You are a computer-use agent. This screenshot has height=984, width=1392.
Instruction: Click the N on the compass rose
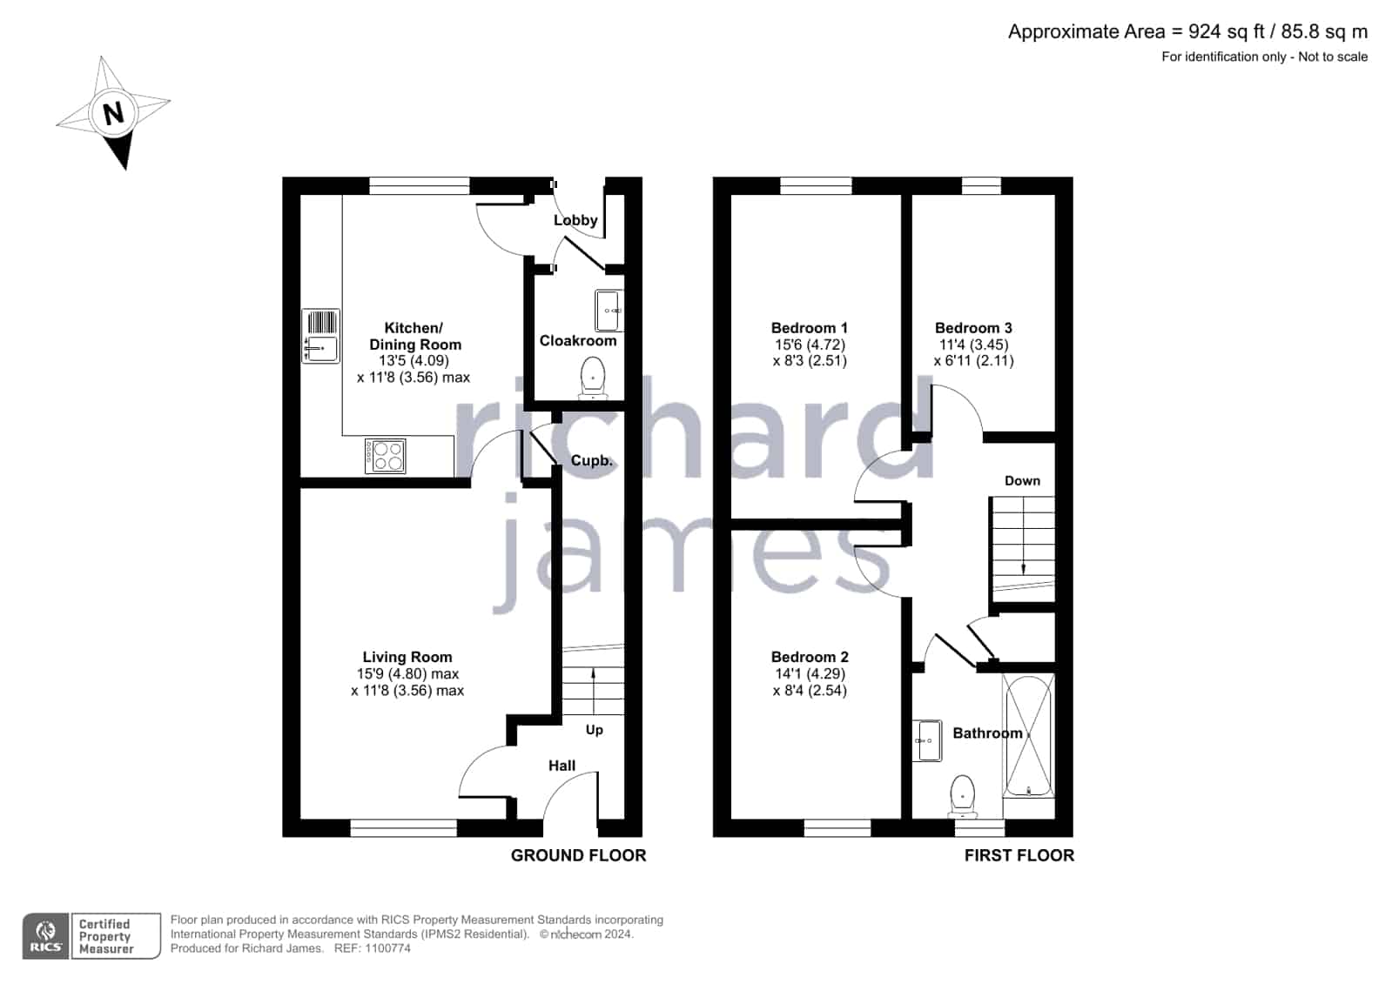point(113,114)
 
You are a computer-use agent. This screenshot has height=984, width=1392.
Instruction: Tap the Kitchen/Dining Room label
point(414,336)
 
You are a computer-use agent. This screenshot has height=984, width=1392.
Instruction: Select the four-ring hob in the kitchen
point(386,456)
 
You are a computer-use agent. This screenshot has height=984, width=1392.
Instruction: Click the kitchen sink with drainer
point(320,336)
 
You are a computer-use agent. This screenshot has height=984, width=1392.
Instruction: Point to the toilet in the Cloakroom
point(593,378)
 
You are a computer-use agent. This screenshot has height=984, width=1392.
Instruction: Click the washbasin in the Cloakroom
point(609,310)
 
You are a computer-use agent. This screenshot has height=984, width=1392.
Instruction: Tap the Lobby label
point(575,220)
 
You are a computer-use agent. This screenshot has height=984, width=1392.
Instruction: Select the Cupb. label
point(592,460)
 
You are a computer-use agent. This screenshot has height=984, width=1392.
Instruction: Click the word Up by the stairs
point(594,730)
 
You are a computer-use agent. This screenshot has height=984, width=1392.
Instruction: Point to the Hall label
point(562,766)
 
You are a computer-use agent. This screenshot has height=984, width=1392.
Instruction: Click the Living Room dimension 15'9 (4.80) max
point(407,674)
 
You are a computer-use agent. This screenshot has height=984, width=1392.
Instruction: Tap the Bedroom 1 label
point(809,328)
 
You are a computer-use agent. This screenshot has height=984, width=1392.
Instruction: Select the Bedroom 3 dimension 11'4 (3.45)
point(974,345)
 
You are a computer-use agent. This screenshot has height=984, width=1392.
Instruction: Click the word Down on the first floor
point(1022,481)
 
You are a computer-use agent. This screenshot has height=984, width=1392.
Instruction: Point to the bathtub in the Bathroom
point(1028,736)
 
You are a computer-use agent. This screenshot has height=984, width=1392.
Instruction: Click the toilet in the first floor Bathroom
point(963,795)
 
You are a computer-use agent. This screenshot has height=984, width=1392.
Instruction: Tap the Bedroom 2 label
point(810,657)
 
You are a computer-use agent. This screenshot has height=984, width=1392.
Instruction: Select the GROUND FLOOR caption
point(579,855)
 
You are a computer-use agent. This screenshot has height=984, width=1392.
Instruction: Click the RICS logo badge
point(46,936)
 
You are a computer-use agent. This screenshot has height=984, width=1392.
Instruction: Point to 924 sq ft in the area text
point(1227,31)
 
